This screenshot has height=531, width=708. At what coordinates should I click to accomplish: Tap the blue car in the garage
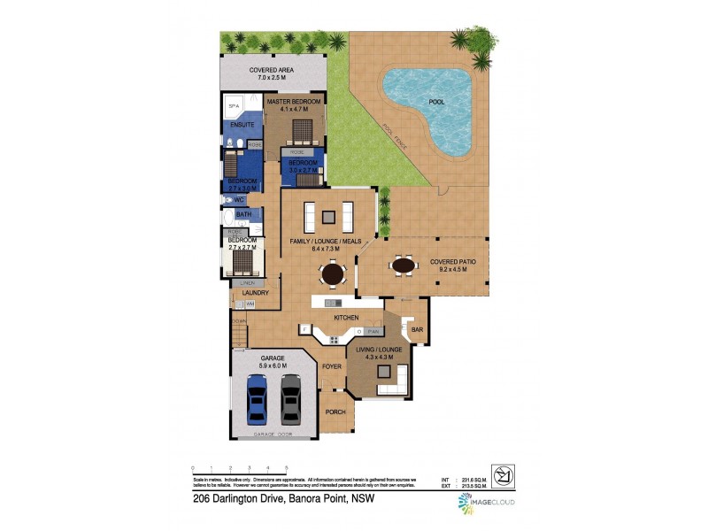pyautogui.click(x=257, y=397)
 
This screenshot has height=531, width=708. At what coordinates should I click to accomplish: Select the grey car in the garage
pyautogui.click(x=291, y=397)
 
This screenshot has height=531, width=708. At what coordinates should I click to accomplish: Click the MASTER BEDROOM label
pyautogui.click(x=295, y=103)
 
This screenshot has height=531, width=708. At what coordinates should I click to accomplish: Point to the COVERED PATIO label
pyautogui.click(x=453, y=262)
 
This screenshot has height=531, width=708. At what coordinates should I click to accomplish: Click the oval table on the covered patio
pyautogui.click(x=404, y=264)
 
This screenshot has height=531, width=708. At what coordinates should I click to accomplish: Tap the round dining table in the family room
pyautogui.click(x=332, y=275)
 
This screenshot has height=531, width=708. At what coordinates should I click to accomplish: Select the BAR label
pyautogui.click(x=417, y=330)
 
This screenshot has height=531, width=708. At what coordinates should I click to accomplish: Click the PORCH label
pyautogui.click(x=335, y=412)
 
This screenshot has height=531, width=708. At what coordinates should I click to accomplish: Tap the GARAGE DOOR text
pyautogui.click(x=273, y=435)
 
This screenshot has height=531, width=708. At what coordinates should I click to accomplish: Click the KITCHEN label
pyautogui.click(x=345, y=317)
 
